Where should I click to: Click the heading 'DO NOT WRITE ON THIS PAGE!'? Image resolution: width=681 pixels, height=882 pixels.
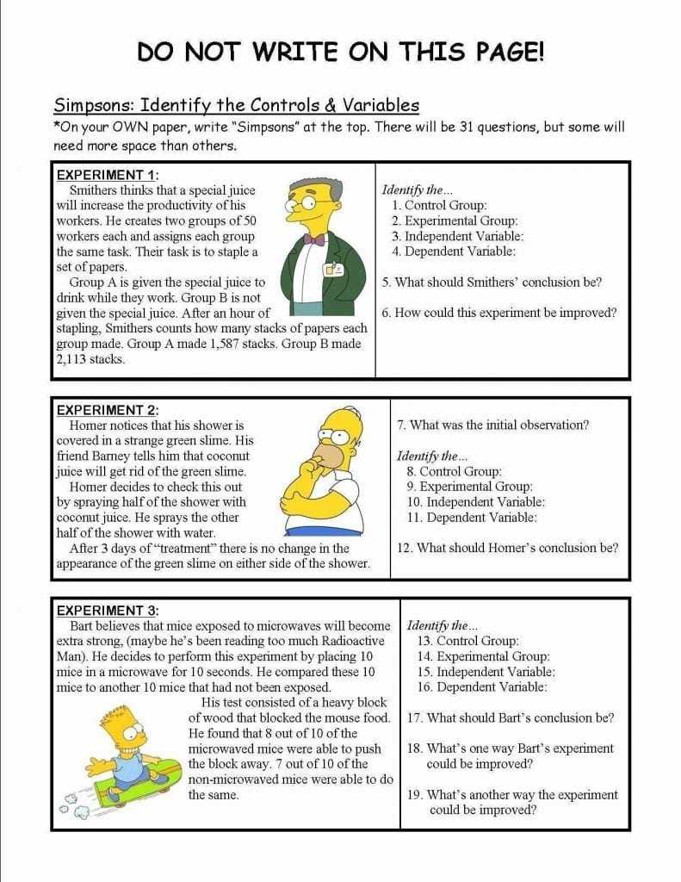pyautogui.click(x=340, y=53)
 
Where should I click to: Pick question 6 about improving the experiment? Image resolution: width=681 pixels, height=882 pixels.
pyautogui.click(x=499, y=313)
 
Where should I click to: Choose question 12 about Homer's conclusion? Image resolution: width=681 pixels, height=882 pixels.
pyautogui.click(x=507, y=548)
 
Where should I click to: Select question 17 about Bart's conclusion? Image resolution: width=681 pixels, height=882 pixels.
pyautogui.click(x=511, y=717)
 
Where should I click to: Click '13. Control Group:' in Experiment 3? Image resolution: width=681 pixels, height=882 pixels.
pyautogui.click(x=467, y=641)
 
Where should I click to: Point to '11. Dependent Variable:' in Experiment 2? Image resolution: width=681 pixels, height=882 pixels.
pyautogui.click(x=472, y=518)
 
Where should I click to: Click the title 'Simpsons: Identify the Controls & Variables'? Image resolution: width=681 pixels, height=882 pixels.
pyautogui.click(x=237, y=106)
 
